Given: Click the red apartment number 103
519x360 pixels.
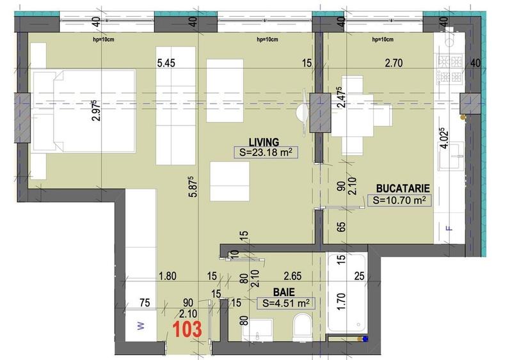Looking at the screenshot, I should [188, 330].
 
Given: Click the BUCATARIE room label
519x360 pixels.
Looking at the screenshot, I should [402, 189].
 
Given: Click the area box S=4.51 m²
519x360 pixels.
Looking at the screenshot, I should [285, 303].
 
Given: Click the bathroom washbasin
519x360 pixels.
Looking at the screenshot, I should [260, 333].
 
